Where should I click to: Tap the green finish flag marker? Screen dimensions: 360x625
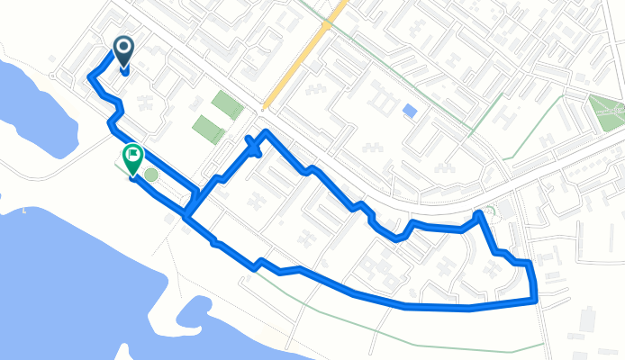click(x=133, y=158)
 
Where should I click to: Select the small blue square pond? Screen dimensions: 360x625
click(x=411, y=112)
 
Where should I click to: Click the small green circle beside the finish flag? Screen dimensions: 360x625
click(x=151, y=175)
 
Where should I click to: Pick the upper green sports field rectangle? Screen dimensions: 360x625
click(x=227, y=104)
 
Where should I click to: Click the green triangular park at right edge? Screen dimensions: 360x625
click(x=605, y=112)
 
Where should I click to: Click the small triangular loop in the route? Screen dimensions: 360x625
click(x=254, y=147)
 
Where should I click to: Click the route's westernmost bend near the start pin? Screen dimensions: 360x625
click(x=90, y=78)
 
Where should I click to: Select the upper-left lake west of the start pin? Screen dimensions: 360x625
click(x=27, y=99)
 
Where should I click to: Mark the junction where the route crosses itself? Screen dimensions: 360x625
click(x=187, y=214)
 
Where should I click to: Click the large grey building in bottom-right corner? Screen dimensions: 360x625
click(x=587, y=319)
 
